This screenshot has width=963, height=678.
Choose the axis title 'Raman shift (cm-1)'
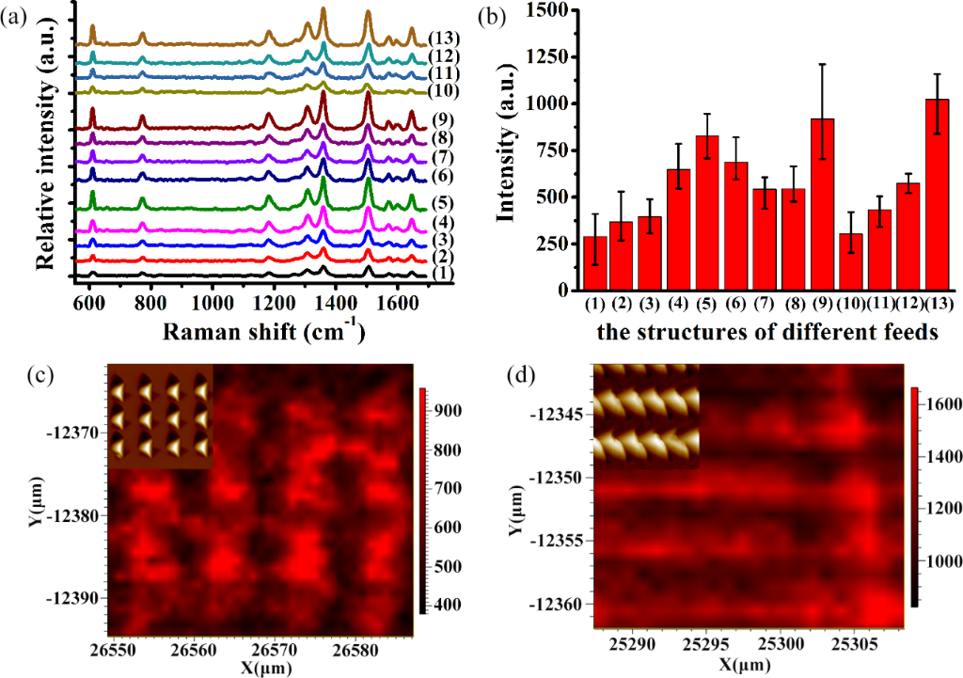click(249, 331)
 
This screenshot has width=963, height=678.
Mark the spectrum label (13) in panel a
click(442, 39)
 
